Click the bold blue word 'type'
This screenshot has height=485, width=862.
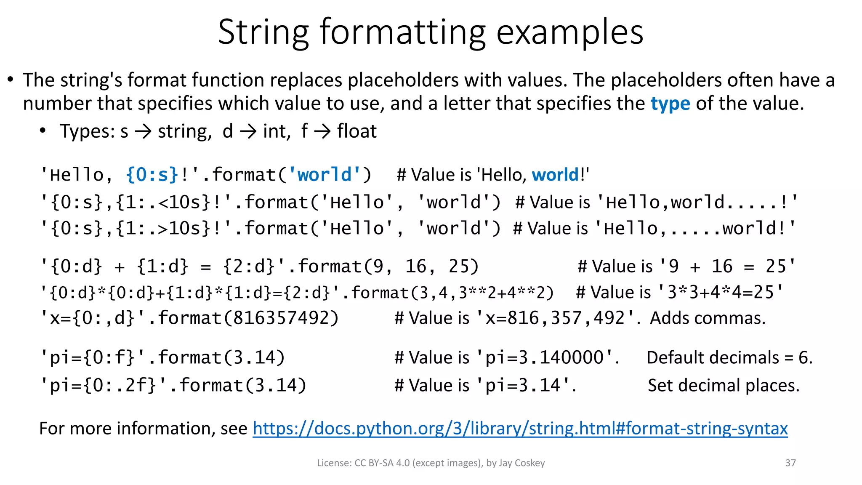[670, 104]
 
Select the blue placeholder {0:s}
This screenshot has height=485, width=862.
[152, 175]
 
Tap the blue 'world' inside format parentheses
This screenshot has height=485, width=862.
[324, 175]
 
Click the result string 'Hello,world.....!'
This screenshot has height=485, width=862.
[697, 203]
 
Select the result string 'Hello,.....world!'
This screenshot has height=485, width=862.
[695, 229]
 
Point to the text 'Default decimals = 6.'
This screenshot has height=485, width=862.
[729, 358]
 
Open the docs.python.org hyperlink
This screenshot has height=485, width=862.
[520, 429]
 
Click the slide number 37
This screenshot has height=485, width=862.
[790, 463]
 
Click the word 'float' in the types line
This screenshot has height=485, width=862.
[357, 131]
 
